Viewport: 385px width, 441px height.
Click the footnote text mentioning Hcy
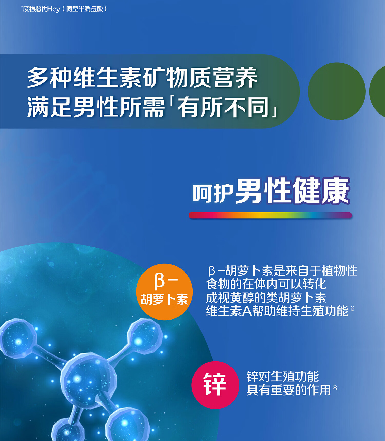pyautogui.click(x=64, y=9)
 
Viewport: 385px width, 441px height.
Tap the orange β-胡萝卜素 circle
pyautogui.click(x=164, y=292)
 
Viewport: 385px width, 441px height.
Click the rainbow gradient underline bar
pyautogui.click(x=270, y=215)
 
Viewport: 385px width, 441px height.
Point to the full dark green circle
pyautogui.click(x=337, y=91)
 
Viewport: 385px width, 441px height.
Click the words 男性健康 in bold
pyautogui.click(x=293, y=191)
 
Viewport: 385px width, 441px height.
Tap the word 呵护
pyautogui.click(x=213, y=193)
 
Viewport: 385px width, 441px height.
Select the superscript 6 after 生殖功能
pyautogui.click(x=352, y=308)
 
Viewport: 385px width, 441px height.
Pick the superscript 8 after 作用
pyautogui.click(x=335, y=388)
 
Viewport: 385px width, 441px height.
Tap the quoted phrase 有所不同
pyautogui.click(x=223, y=107)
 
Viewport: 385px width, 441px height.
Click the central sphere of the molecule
pyautogui.click(x=89, y=380)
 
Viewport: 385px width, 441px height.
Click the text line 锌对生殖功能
pyautogui.click(x=283, y=377)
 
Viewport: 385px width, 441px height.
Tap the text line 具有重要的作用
pyautogui.click(x=289, y=390)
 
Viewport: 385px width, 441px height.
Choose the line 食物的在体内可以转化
pyautogui.click(x=266, y=284)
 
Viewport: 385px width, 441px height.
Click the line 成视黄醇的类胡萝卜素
pyautogui.click(x=266, y=297)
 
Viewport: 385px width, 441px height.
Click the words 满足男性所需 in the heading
pyautogui.click(x=96, y=107)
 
